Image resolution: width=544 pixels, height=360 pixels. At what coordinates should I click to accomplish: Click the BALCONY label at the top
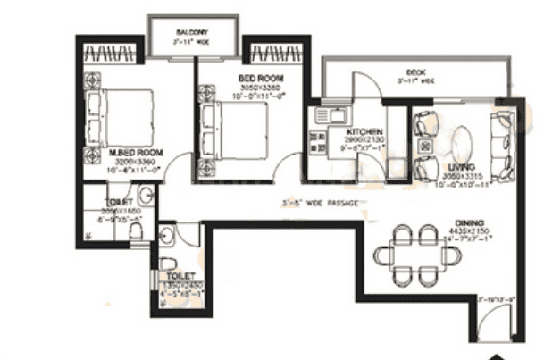(192, 30)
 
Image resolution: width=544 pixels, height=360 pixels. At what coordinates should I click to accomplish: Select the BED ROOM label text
(261, 79)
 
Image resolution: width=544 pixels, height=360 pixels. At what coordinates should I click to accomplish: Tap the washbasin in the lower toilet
(168, 235)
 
